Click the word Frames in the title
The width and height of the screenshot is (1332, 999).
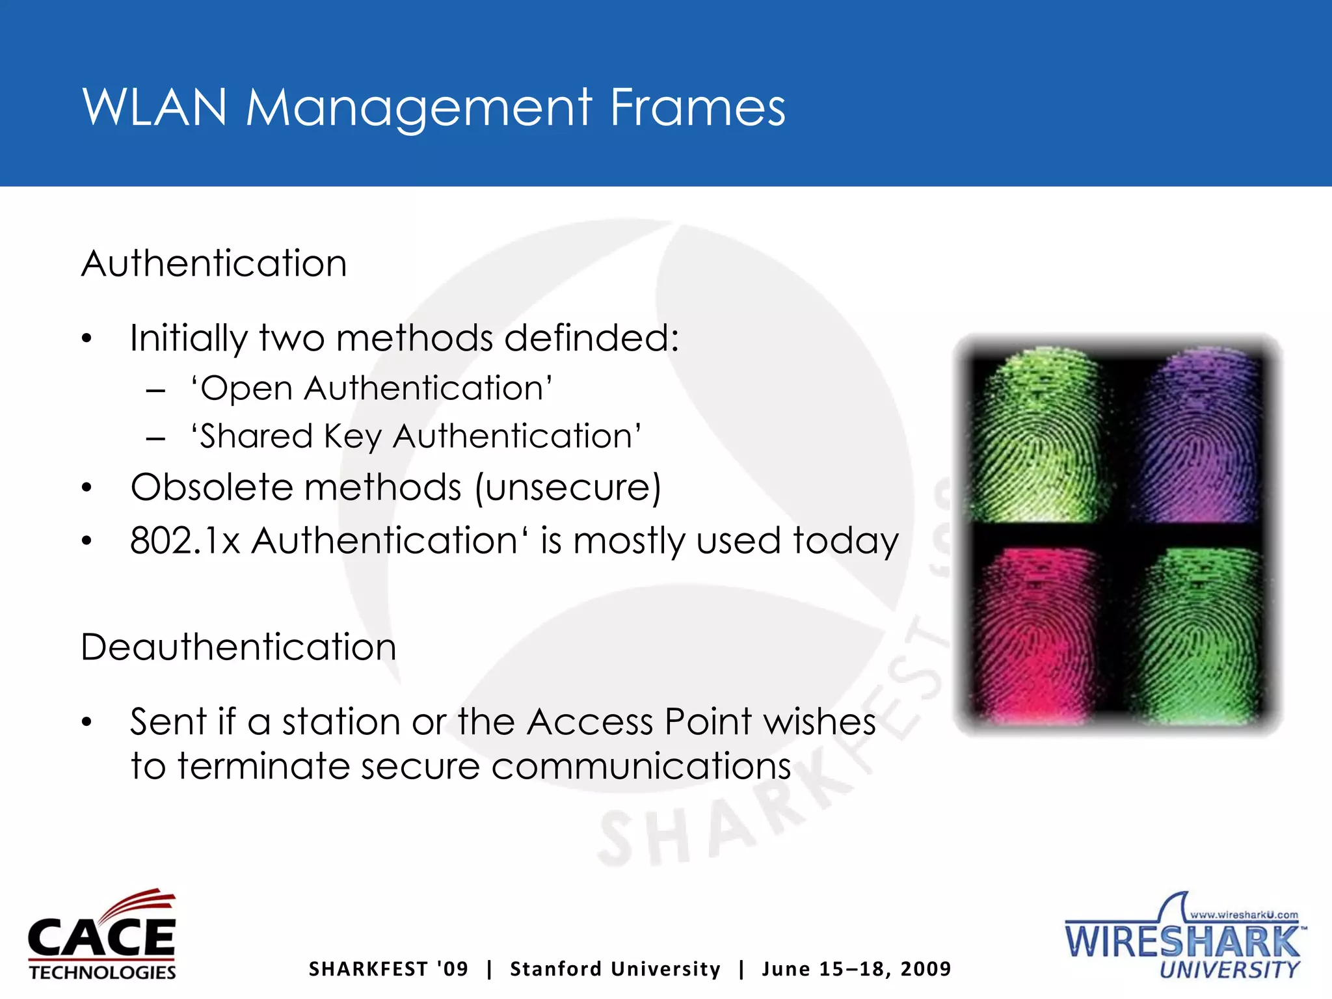coord(697,107)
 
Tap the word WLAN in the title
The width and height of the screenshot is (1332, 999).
coord(155,107)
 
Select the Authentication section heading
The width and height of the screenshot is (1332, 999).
coord(214,263)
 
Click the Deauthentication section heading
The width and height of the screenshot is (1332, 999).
coord(239,647)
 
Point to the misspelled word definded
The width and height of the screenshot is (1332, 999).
coord(591,338)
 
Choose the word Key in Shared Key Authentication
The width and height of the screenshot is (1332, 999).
coord(353,436)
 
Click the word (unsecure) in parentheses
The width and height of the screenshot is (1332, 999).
coord(568,488)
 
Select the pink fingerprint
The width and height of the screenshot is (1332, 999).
coord(1035,634)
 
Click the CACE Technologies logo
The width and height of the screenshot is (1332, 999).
coord(102,935)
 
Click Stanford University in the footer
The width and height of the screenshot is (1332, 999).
coord(615,969)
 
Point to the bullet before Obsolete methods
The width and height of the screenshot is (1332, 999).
coord(87,488)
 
